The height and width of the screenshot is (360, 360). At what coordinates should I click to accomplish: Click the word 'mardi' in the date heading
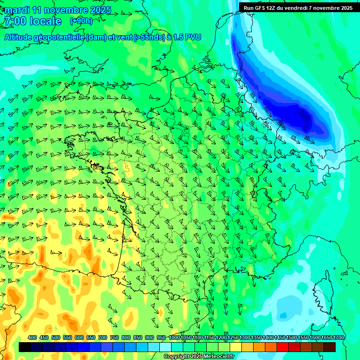click(x=17, y=10)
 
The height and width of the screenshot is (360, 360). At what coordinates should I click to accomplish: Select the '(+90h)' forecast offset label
click(x=81, y=21)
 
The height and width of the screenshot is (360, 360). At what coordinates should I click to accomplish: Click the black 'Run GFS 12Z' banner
click(x=298, y=7)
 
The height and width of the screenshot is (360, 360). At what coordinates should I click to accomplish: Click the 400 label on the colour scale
click(x=32, y=338)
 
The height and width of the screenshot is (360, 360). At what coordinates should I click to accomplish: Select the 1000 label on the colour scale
click(x=174, y=338)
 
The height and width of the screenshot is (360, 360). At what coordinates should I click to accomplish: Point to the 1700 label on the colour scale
click(x=338, y=338)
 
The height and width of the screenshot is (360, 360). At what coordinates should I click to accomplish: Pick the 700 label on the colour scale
click(x=103, y=338)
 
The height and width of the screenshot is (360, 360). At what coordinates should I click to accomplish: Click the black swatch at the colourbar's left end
click(x=25, y=347)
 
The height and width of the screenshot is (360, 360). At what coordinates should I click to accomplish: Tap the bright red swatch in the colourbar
click(x=283, y=347)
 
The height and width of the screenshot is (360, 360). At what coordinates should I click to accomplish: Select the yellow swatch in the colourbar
click(x=236, y=347)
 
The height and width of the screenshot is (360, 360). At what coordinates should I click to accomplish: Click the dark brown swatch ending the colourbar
click(x=330, y=347)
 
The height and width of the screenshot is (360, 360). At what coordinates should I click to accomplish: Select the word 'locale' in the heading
click(x=45, y=22)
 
